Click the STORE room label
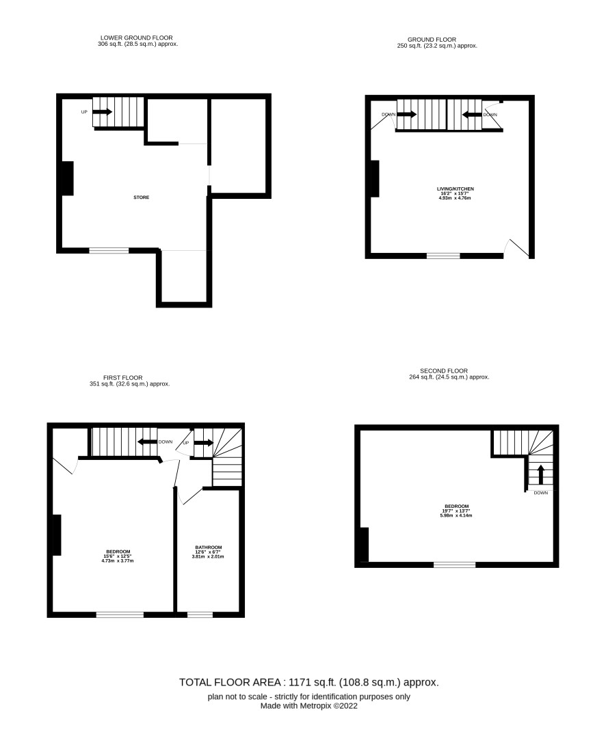tap(141, 198)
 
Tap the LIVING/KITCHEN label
tap(456, 189)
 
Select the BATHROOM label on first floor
tap(209, 547)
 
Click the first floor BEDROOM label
tap(117, 552)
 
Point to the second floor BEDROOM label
tap(456, 506)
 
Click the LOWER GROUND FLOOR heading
tap(136, 38)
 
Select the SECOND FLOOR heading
tap(444, 370)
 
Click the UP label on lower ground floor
tap(84, 112)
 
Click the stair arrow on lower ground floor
tap(102, 112)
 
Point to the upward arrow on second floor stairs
tap(540, 474)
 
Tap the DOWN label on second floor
tap(540, 493)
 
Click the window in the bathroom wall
tap(200, 614)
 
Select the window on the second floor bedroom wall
tap(455, 565)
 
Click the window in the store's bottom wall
tap(109, 250)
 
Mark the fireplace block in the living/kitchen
tap(375, 178)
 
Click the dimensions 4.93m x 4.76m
tap(455, 198)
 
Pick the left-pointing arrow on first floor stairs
tap(147, 442)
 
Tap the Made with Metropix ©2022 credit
tap(309, 706)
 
